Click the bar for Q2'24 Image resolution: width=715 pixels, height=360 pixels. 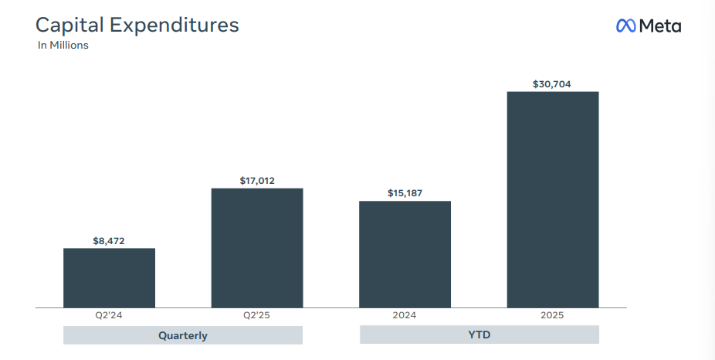(x=109, y=277)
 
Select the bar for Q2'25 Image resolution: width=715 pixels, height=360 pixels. (x=257, y=248)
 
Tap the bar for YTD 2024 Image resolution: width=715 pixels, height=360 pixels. (x=405, y=254)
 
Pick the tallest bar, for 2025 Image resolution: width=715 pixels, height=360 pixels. (x=552, y=199)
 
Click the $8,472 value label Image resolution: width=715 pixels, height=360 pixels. (x=109, y=241)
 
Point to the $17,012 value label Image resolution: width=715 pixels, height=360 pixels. (x=257, y=181)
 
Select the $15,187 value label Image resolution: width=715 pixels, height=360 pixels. (x=405, y=193)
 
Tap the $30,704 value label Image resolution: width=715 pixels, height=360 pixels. (x=552, y=83)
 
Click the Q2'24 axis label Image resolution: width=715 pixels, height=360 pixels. (x=109, y=315)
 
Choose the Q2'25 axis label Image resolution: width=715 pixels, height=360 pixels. (x=257, y=315)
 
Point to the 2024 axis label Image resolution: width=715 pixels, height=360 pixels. (x=405, y=315)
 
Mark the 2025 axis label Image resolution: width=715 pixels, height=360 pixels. (x=552, y=315)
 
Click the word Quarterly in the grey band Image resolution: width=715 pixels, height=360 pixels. (x=183, y=335)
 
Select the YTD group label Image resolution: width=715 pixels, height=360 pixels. (x=479, y=335)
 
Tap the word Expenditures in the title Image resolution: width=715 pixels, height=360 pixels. (x=174, y=25)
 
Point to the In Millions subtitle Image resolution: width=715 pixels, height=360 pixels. (x=63, y=46)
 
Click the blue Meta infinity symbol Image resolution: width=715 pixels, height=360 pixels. (x=625, y=25)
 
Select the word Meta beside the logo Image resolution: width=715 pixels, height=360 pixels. (x=660, y=25)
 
